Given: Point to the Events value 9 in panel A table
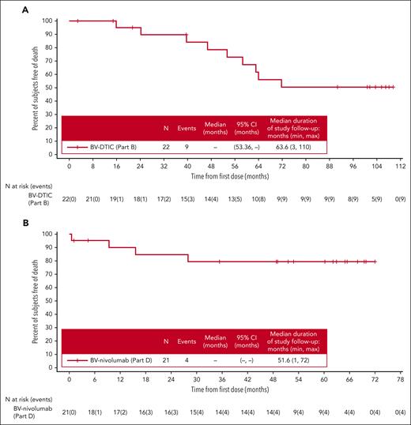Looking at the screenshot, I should click(190, 146).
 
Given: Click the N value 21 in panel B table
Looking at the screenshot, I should click(165, 359).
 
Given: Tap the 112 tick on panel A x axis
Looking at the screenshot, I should click(399, 167).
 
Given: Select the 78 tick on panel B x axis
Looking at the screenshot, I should click(399, 379).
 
